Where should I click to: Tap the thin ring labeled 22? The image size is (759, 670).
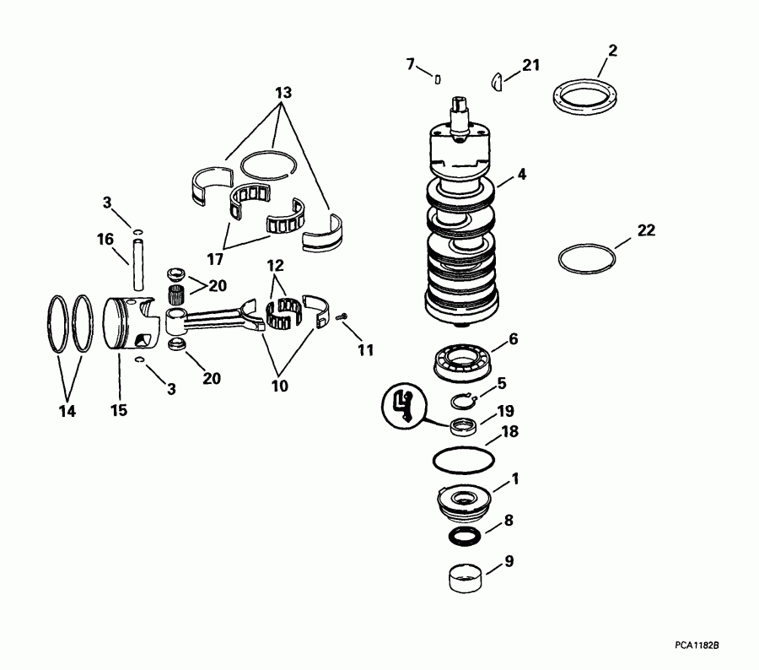point(588,257)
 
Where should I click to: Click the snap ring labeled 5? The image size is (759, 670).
point(465,401)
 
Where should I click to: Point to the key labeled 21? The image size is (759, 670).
point(498,81)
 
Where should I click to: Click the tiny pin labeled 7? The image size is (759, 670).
point(439,80)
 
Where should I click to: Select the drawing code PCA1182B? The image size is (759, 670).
point(696,645)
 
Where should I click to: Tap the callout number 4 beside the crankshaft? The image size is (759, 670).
point(522,175)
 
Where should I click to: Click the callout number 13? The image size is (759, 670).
point(283,90)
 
